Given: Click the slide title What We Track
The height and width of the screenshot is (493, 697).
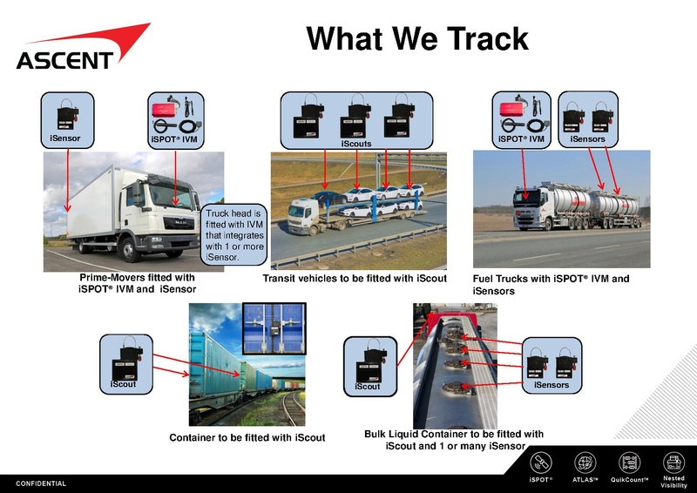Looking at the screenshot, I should coord(417,38).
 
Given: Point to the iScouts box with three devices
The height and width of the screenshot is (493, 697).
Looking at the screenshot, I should coord(356,120).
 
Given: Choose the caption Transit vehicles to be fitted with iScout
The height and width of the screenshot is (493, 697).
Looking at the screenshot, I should coord(355,279).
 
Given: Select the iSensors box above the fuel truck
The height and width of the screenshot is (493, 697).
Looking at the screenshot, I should coord(587,118).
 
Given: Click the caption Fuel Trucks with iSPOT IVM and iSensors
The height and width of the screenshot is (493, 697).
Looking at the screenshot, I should coord(551,285).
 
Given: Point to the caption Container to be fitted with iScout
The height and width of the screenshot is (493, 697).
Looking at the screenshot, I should coord(247,437).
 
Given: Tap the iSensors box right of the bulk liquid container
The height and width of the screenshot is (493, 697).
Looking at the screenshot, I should coord(552,363).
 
